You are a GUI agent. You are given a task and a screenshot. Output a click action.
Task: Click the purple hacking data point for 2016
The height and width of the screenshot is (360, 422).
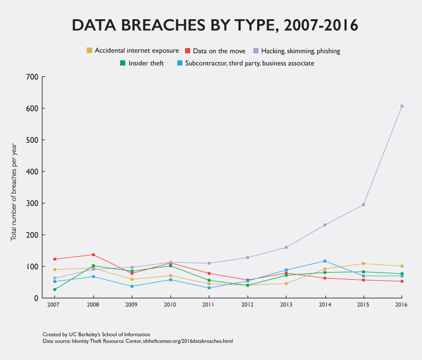coord(402,106)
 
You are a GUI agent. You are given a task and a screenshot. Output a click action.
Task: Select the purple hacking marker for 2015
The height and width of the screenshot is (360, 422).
coord(363,205)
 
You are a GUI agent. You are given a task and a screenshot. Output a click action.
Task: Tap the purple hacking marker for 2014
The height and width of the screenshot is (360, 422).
coord(325,225)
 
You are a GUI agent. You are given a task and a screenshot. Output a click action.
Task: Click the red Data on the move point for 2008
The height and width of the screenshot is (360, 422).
coord(93,255)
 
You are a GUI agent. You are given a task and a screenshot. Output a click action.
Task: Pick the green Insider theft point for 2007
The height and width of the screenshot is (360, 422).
coord(55,290)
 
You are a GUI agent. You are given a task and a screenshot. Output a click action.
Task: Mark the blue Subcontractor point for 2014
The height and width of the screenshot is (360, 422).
coord(325,261)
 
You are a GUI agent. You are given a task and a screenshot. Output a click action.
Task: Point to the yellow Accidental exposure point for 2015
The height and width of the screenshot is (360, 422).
coord(363,264)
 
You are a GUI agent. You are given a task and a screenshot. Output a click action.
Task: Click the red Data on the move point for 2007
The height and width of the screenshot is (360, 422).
coord(55,259)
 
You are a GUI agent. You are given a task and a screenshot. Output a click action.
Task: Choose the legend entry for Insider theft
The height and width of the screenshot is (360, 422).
coord(142,63)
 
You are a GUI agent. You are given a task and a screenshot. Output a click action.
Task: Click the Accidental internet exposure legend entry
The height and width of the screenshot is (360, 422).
coord(132,51)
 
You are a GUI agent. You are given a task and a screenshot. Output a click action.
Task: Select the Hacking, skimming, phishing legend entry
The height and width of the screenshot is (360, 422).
coord(296,51)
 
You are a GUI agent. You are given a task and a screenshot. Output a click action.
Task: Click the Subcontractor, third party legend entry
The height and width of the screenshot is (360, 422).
coord(246,63)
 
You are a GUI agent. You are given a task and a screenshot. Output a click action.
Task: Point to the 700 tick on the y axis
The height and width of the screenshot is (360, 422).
coord(32,77)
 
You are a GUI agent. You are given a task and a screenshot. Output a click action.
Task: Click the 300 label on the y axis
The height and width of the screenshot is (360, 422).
coord(32,203)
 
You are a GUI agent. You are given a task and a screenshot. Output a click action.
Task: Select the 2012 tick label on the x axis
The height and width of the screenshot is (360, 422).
coord(247,304)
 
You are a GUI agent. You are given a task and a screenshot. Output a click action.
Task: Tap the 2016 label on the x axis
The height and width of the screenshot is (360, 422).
coord(402,304)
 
